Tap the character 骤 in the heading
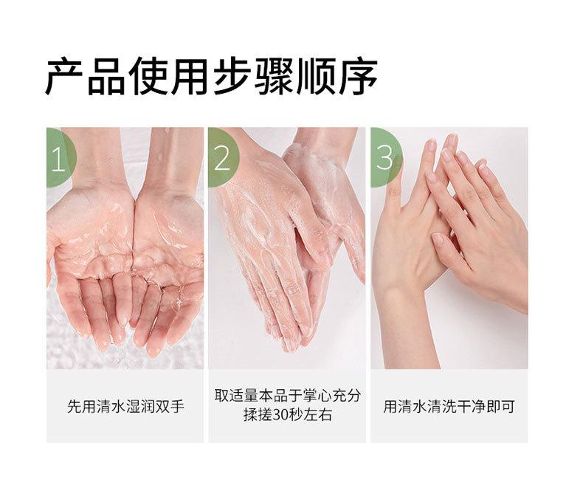click(274, 76)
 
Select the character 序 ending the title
click(358, 76)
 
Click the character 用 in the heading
click(190, 76)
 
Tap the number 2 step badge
click(223, 158)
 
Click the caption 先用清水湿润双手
click(125, 406)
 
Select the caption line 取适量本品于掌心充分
click(287, 396)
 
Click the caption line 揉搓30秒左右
click(287, 415)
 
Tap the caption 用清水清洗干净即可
click(449, 406)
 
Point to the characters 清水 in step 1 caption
click(111, 406)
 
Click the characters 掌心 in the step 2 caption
click(317, 396)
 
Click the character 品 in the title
click(107, 76)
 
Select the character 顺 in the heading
click(316, 76)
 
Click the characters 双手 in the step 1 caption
click(170, 406)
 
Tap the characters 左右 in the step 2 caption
click(317, 415)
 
